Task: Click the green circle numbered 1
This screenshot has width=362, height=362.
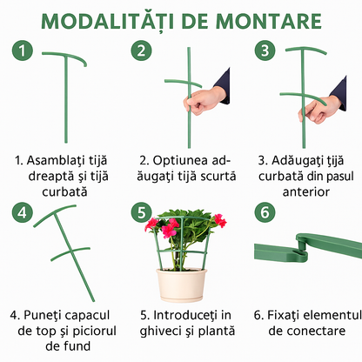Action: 23,50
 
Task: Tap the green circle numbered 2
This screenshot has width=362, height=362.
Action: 141,50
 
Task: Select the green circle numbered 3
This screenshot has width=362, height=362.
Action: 265,50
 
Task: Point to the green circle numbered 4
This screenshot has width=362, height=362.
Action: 23,212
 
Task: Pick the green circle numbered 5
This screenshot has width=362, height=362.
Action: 141,212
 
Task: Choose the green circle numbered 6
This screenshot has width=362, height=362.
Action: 265,212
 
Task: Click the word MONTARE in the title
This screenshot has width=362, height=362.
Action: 269,21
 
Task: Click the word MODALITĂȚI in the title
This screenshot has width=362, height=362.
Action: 108,22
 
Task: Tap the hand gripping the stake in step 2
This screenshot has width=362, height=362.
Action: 203,101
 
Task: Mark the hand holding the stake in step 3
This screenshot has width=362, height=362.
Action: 318,110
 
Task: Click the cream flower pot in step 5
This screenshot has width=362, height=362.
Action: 182,285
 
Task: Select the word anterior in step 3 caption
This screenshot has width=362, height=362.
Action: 306,191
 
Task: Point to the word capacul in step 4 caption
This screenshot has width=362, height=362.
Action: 86,316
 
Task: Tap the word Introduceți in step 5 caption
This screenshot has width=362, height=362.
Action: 185,315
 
